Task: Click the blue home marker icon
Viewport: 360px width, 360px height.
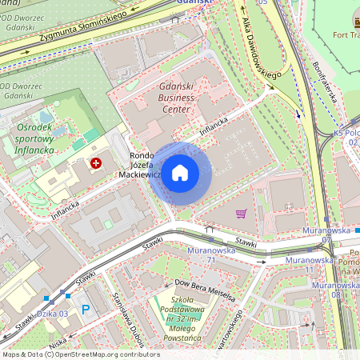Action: coord(180,173)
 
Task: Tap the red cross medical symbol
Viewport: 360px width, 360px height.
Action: coord(96,163)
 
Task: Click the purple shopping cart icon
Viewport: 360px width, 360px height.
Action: coord(241,214)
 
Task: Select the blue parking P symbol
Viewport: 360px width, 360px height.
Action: coord(86,309)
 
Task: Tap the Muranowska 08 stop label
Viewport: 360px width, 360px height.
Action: coord(336,289)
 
